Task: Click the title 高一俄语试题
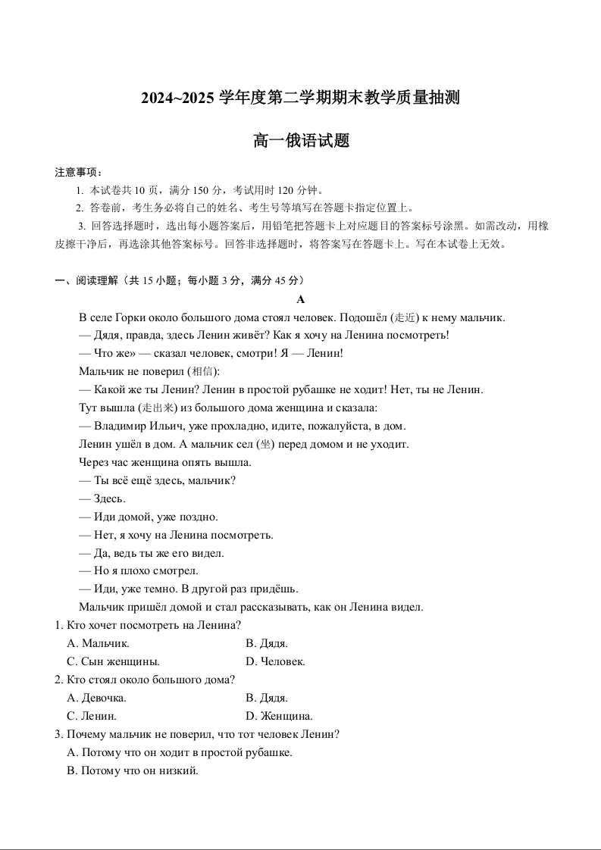click(301, 141)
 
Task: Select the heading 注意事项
click(78, 172)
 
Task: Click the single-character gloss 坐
click(265, 444)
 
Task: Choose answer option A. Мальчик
click(99, 643)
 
